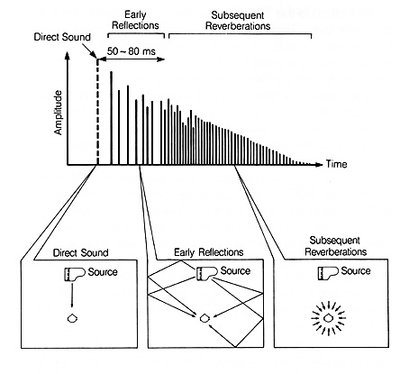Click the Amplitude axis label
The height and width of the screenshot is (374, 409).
tap(58, 113)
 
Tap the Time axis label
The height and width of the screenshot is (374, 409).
tap(336, 164)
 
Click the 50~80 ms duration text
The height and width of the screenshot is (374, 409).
tap(132, 51)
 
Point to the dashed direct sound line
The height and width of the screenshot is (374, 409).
tap(97, 112)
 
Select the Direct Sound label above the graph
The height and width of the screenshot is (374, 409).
tap(62, 37)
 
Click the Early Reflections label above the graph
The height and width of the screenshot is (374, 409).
tap(135, 20)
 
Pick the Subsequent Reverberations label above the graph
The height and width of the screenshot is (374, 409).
tap(238, 21)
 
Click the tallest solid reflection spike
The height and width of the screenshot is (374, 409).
tap(112, 118)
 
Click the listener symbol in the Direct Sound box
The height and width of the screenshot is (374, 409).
tap(72, 318)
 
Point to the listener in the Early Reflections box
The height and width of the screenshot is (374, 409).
tap(204, 318)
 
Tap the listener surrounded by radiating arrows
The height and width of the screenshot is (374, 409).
tap(328, 318)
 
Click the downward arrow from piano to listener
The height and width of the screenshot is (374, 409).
tap(72, 295)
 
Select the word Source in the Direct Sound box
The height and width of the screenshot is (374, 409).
tap(103, 272)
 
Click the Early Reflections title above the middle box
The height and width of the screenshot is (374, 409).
tap(209, 252)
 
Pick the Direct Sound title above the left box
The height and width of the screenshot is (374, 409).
tap(80, 252)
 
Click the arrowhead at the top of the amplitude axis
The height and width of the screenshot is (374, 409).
tap(68, 55)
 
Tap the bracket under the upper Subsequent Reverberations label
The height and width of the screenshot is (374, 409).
tap(240, 34)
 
